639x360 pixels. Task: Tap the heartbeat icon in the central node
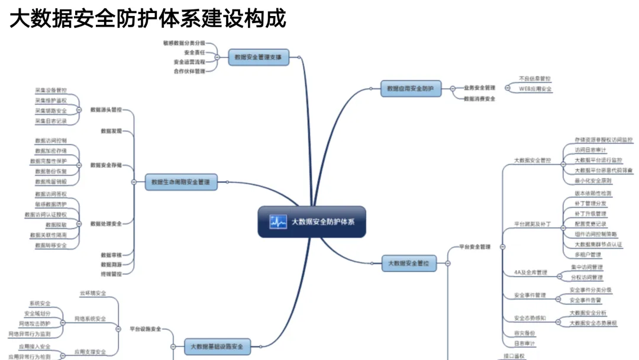[x=278, y=222]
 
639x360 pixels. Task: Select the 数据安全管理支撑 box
[x=258, y=57]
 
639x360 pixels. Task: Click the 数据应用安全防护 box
[x=410, y=89]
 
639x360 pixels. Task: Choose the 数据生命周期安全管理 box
[x=180, y=182]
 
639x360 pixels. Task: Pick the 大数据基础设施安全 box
[x=217, y=346]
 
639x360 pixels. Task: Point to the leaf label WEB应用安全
[x=535, y=89]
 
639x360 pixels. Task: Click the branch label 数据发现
[x=111, y=131]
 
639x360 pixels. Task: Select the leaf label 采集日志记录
[x=51, y=121]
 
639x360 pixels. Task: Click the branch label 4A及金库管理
[x=530, y=273]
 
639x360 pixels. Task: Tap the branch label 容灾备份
[x=524, y=333]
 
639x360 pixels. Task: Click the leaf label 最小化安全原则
[x=593, y=181]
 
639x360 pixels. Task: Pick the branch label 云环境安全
[x=93, y=293]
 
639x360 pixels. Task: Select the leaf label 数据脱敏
[x=56, y=225]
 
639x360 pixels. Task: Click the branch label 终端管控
[x=111, y=274]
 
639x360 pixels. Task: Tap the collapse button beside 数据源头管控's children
[x=79, y=110]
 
